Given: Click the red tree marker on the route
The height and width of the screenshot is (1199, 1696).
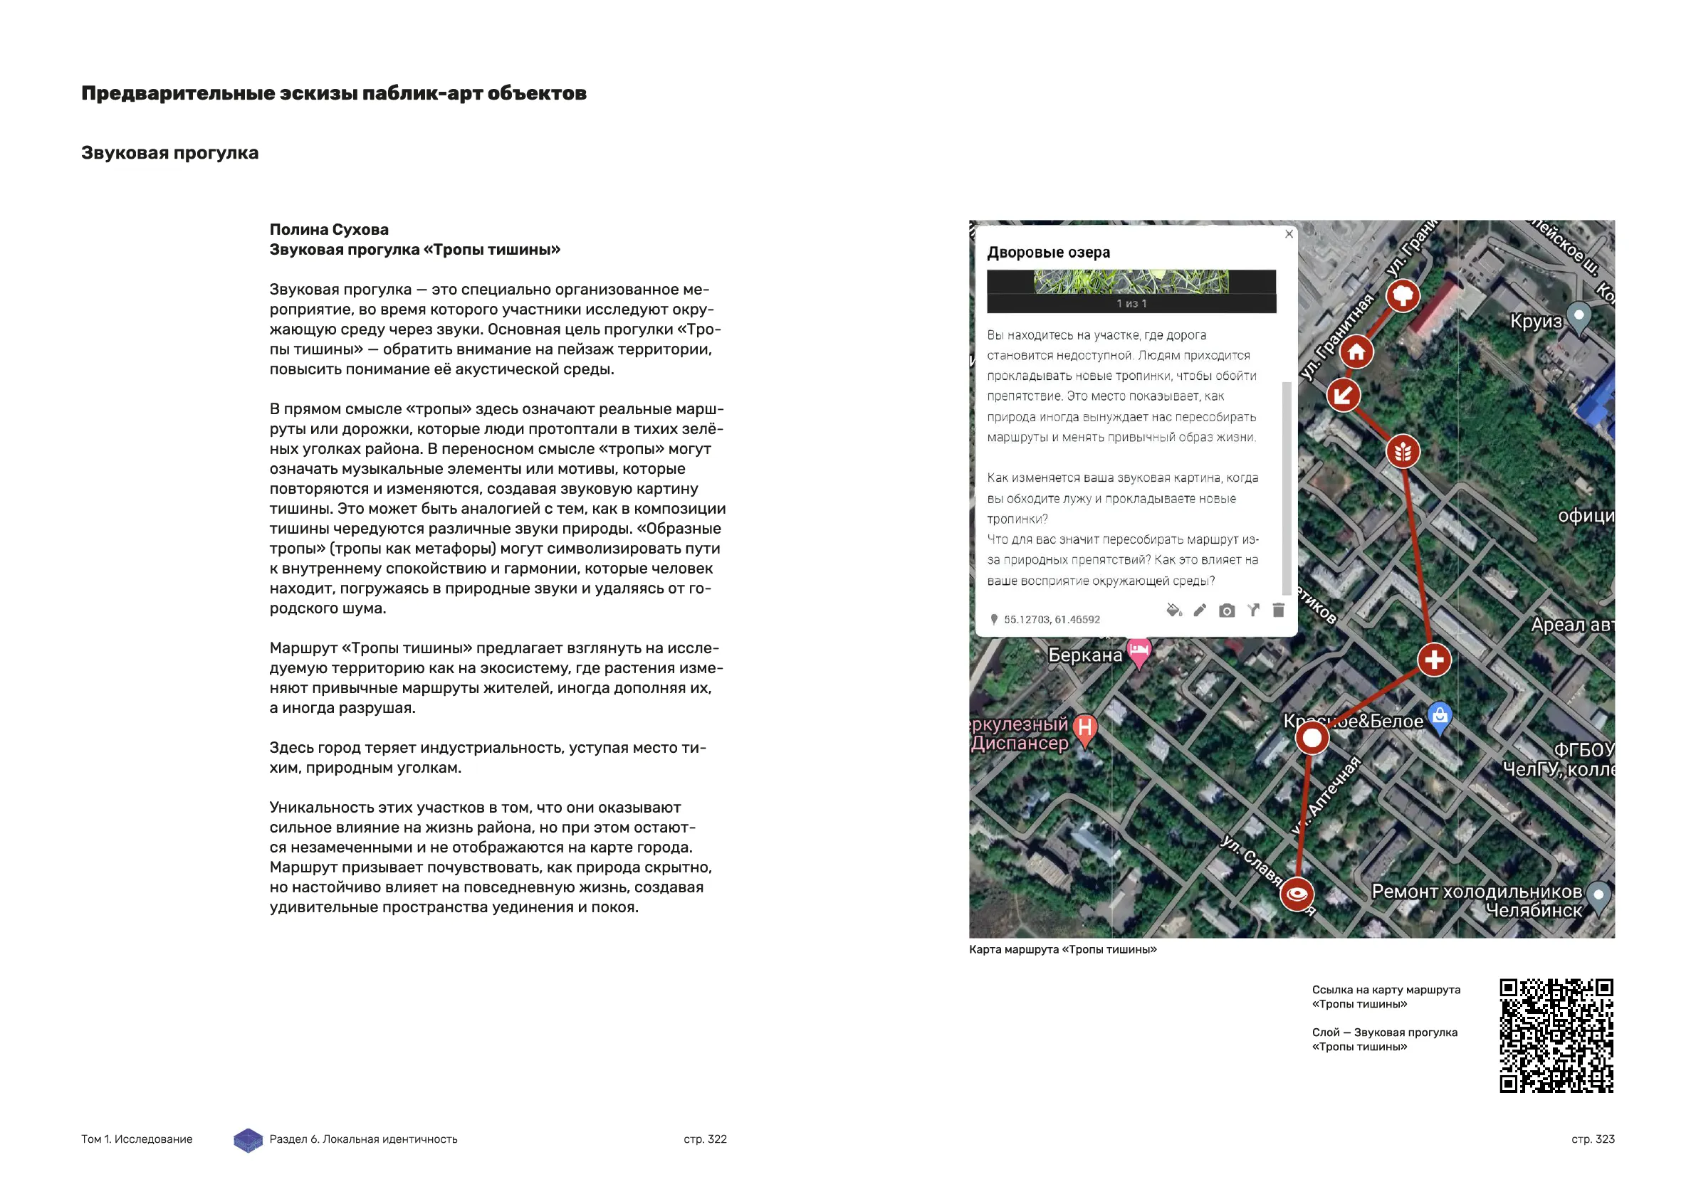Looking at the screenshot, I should point(1403,296).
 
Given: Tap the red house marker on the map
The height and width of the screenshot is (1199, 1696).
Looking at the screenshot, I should point(1356,352).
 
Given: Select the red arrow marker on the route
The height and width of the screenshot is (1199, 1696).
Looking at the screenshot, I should point(1343,395).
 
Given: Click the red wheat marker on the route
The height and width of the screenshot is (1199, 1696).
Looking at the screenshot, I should point(1403,451).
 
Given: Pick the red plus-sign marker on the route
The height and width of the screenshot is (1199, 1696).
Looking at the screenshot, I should point(1434,660).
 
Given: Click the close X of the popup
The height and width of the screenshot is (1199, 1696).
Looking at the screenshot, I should point(1289,234).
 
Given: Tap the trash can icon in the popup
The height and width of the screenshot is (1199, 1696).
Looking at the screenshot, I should point(1279,610).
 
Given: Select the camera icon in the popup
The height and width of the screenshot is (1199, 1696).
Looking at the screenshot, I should point(1227,611).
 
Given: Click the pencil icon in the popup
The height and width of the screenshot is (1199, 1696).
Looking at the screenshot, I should point(1200,610).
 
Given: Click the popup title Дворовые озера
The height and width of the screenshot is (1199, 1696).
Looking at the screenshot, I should point(1048,253).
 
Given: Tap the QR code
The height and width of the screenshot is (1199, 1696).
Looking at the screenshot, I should point(1556,1035).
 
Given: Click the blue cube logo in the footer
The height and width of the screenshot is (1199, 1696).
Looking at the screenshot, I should point(248,1140).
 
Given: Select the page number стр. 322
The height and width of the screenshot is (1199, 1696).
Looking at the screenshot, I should point(705,1139).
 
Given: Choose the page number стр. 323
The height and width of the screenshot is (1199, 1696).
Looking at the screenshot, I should point(1593,1139).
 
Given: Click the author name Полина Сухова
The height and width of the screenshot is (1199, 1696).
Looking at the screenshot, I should point(329,230).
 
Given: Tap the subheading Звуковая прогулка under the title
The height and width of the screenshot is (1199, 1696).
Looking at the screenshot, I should point(170,153).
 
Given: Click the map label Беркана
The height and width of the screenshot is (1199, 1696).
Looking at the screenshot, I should point(1084,655).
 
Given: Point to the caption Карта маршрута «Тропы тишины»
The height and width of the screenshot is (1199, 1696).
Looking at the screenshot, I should point(1062,949).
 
